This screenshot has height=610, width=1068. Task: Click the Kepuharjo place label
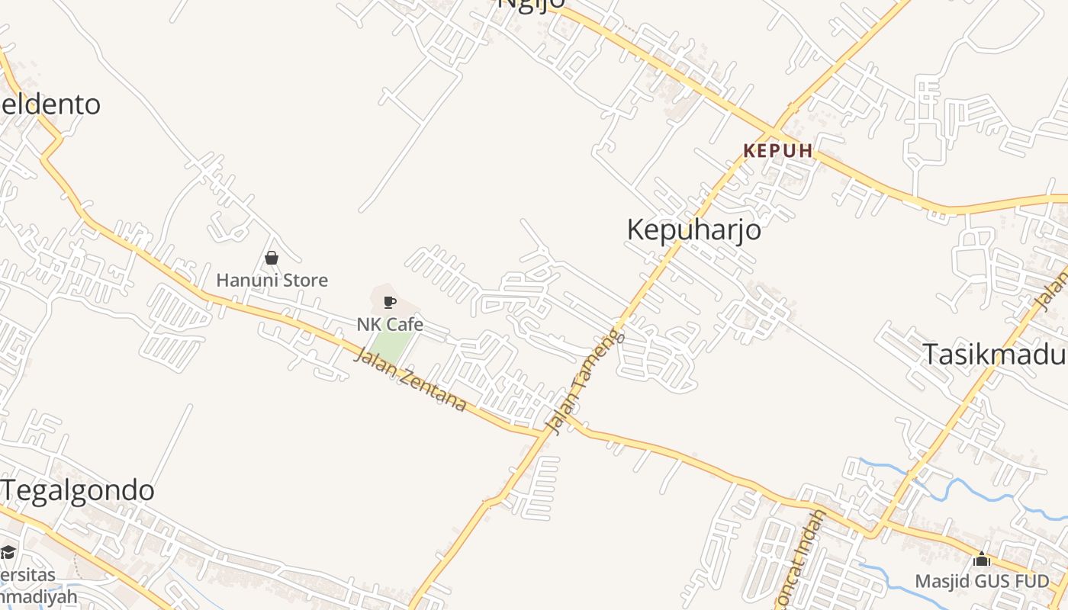pos(693,229)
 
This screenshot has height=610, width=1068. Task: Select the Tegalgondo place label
pos(78,490)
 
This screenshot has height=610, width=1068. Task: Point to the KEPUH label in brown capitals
pos(778,150)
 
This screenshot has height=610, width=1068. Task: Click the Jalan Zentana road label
pos(410,379)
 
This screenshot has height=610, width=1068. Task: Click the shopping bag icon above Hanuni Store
pos(271,258)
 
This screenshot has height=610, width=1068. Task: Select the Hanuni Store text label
pos(272,280)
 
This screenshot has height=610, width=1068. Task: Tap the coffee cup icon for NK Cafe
pos(389,302)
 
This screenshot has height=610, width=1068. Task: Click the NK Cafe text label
pos(390,324)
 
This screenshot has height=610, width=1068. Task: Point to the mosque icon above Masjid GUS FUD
pos(982,559)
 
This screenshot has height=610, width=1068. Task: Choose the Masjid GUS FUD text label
pos(982,581)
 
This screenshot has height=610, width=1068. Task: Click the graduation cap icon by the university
pos(8,551)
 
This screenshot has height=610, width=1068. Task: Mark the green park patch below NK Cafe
pos(394,348)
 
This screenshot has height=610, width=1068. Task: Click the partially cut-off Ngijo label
pos(531,4)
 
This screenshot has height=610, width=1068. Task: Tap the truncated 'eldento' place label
pos(50,104)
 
